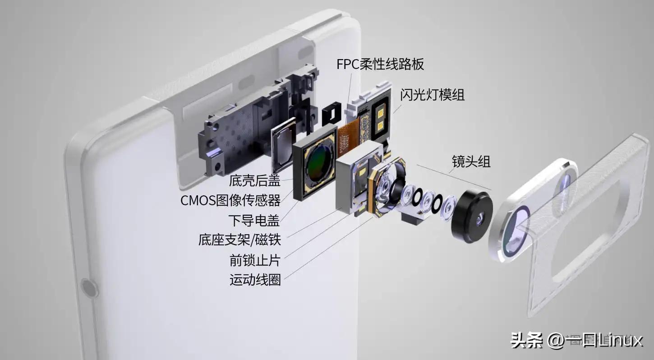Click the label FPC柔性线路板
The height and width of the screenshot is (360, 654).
(380, 64)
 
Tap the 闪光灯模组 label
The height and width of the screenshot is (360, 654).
(432, 95)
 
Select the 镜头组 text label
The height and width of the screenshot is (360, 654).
(471, 161)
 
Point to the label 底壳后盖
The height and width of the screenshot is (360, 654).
(254, 181)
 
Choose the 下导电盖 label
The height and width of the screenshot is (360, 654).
(254, 220)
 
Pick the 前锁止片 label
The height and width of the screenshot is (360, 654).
(254, 260)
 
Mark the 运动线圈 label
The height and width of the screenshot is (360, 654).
(255, 280)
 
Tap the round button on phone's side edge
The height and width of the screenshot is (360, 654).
(88, 288)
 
